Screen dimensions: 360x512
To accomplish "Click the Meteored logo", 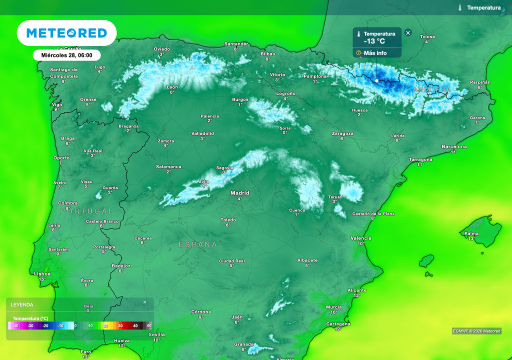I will [66, 33].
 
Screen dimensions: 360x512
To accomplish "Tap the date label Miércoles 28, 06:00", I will [66, 55].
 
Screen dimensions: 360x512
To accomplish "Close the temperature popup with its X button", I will [408, 33].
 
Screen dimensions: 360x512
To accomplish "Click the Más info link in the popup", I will [375, 53].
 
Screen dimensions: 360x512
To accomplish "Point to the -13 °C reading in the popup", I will [374, 41].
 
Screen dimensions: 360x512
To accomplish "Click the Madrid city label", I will [239, 193].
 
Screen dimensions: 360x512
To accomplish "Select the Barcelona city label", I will [454, 146].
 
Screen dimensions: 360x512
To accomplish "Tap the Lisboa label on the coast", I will [42, 274].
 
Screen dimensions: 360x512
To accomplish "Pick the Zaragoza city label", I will [342, 133].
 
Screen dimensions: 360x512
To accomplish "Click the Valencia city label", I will [361, 238].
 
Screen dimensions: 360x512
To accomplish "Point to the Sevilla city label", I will [156, 334].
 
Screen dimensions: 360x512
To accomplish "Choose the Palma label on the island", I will [471, 233].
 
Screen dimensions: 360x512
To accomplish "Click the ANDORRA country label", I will [432, 89].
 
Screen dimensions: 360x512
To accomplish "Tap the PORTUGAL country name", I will [86, 211].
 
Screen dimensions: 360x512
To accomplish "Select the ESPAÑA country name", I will [198, 244].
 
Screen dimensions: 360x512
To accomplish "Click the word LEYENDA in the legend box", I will [22, 304].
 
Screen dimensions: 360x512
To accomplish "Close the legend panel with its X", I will [145, 302].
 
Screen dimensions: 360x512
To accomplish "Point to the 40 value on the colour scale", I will [135, 326].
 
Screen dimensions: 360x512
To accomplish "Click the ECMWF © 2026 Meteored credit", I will [476, 331].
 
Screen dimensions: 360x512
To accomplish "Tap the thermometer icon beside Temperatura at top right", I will [459, 8].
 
